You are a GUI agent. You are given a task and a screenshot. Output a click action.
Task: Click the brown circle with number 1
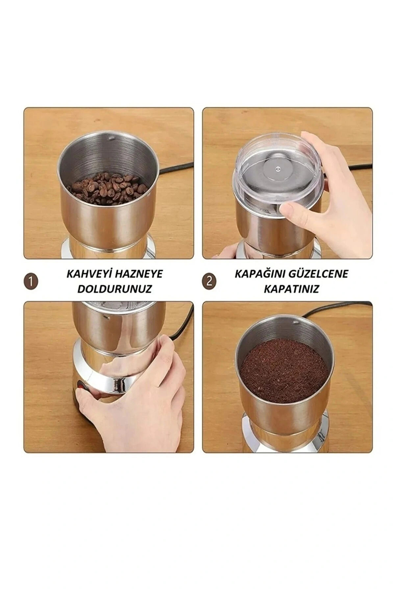[31, 282]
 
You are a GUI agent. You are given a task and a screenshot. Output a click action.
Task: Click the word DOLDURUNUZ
[114, 289]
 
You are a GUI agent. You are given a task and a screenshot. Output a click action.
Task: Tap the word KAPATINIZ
[291, 289]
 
